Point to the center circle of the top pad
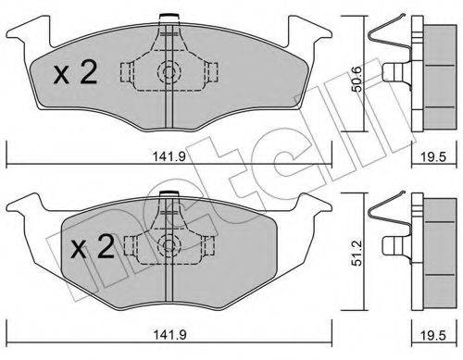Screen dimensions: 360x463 click(168, 72)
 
